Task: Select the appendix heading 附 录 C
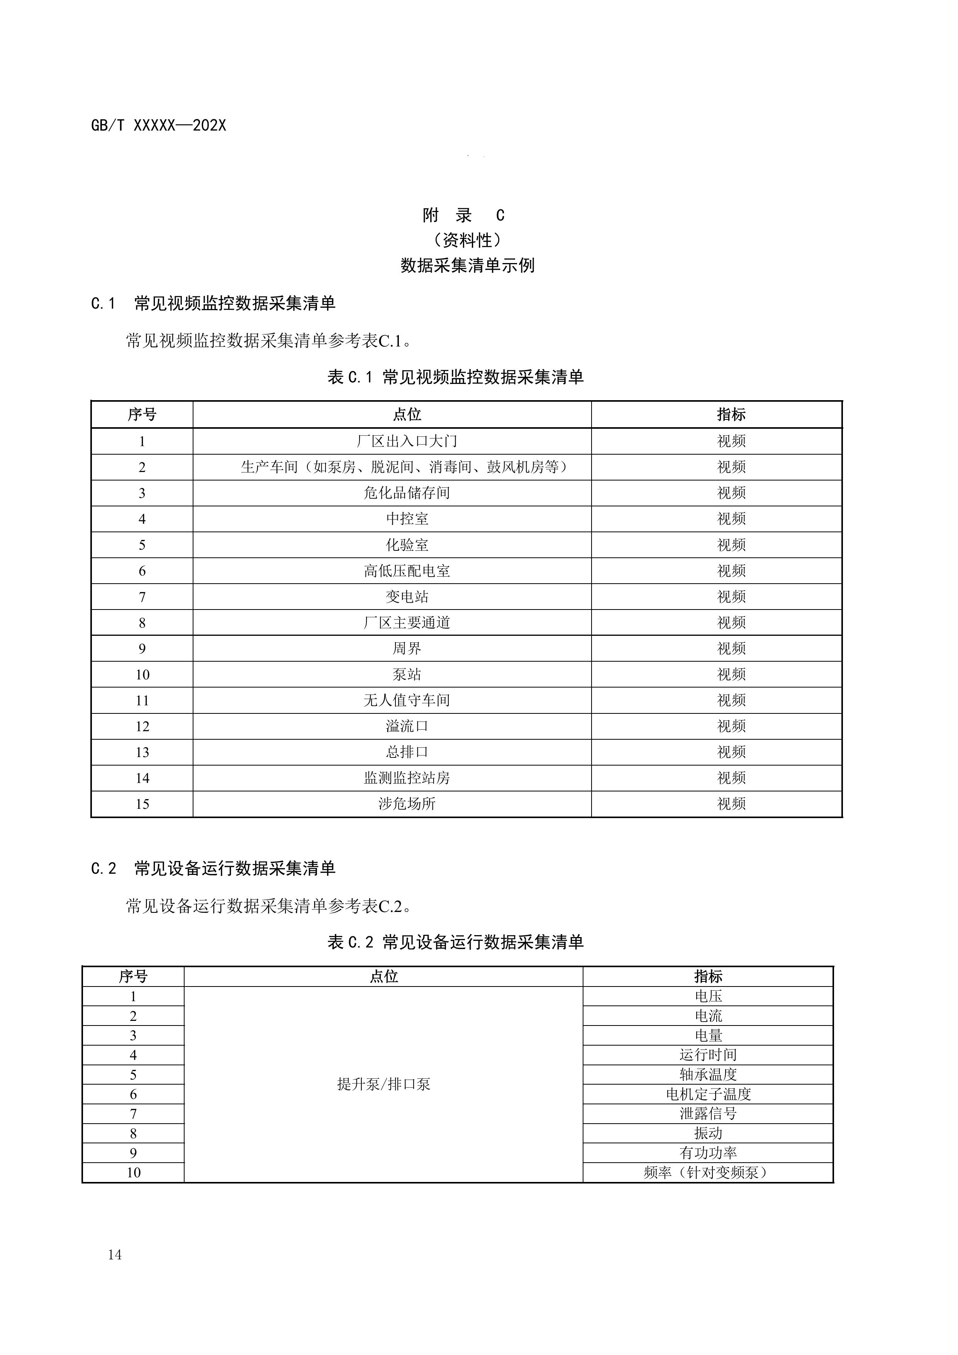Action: [x=464, y=216]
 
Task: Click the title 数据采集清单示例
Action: [x=467, y=266]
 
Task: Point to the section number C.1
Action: [x=103, y=304]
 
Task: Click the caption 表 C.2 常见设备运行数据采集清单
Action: [x=455, y=942]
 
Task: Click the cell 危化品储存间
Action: [x=407, y=493]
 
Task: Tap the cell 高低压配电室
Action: [x=407, y=571]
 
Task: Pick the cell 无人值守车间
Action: [x=407, y=701]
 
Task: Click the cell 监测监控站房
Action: [x=407, y=778]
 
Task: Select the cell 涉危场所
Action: [x=407, y=804]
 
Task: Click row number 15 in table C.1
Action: [x=142, y=804]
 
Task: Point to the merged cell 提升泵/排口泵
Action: [x=383, y=1084]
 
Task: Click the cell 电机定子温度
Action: [x=708, y=1094]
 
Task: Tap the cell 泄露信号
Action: [x=708, y=1114]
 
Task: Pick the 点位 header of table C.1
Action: [x=407, y=415]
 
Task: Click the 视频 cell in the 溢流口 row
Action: [x=731, y=727]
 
